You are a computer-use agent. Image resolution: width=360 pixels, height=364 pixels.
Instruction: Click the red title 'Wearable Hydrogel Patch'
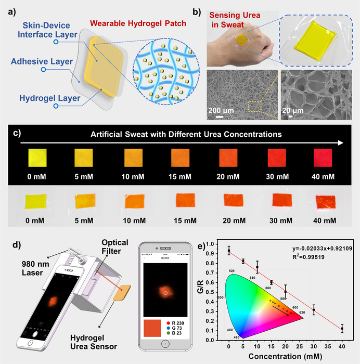[139, 23]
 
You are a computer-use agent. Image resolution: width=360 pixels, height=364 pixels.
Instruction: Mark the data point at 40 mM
[342, 329]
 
